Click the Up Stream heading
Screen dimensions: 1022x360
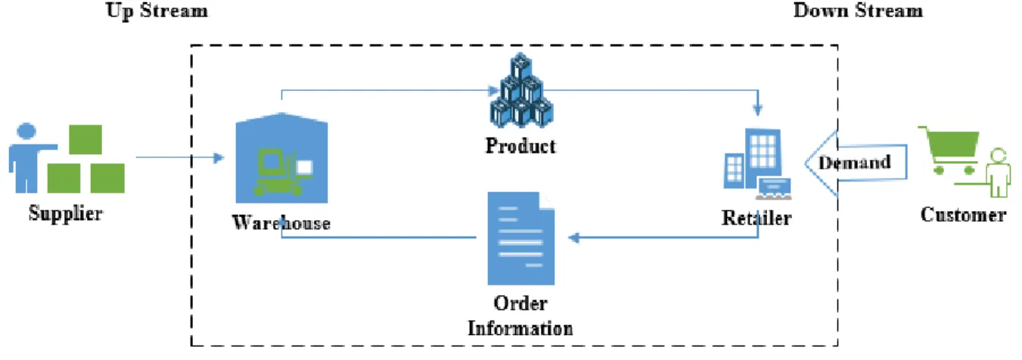[x=157, y=11]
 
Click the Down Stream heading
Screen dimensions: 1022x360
[x=858, y=10]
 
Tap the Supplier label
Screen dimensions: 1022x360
[x=66, y=213]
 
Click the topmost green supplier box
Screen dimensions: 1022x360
[x=85, y=139]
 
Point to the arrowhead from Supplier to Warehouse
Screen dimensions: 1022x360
[x=219, y=158]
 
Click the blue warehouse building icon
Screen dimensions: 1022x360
[x=281, y=158]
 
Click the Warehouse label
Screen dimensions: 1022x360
[x=281, y=222]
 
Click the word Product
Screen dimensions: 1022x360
[x=520, y=146]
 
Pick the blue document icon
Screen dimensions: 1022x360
[x=521, y=238]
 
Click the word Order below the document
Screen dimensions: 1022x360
[x=520, y=303]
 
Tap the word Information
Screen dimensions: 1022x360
[x=520, y=328]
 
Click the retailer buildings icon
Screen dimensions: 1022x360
[x=757, y=164]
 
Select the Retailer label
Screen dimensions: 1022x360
[x=756, y=218]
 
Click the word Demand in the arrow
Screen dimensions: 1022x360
[x=855, y=163]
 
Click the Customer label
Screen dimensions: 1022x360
[x=963, y=215]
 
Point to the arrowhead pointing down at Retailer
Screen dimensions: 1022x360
[x=758, y=110]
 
